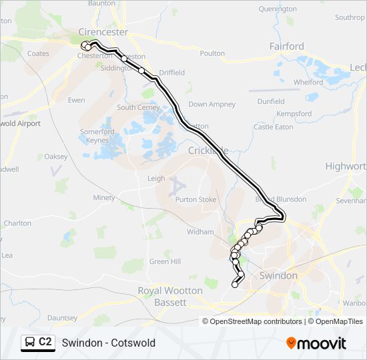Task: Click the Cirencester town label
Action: (x=103, y=32)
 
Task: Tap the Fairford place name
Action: (x=286, y=47)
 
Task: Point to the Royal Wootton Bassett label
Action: (x=170, y=297)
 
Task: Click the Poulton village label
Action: (x=212, y=53)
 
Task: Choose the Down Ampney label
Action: (x=212, y=105)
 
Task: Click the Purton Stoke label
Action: (x=196, y=199)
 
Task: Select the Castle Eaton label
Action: (x=273, y=127)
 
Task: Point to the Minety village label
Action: (x=104, y=198)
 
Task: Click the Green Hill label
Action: (x=165, y=262)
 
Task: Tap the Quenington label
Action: (x=278, y=9)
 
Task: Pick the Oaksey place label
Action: (x=56, y=156)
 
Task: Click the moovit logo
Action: (x=316, y=343)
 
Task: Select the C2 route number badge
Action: (x=45, y=342)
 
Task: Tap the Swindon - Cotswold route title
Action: (x=108, y=343)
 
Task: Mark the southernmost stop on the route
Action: (x=235, y=285)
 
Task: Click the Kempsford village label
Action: (x=294, y=114)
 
